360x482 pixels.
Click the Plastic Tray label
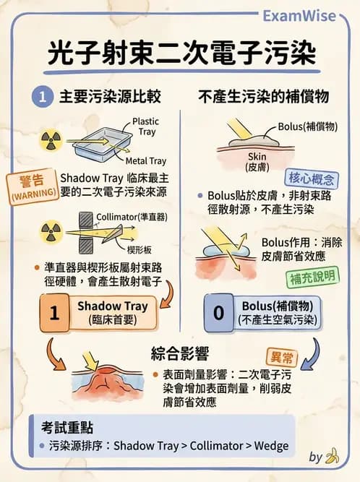(145, 127)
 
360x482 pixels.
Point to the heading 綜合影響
(180, 354)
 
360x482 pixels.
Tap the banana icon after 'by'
(333, 457)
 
